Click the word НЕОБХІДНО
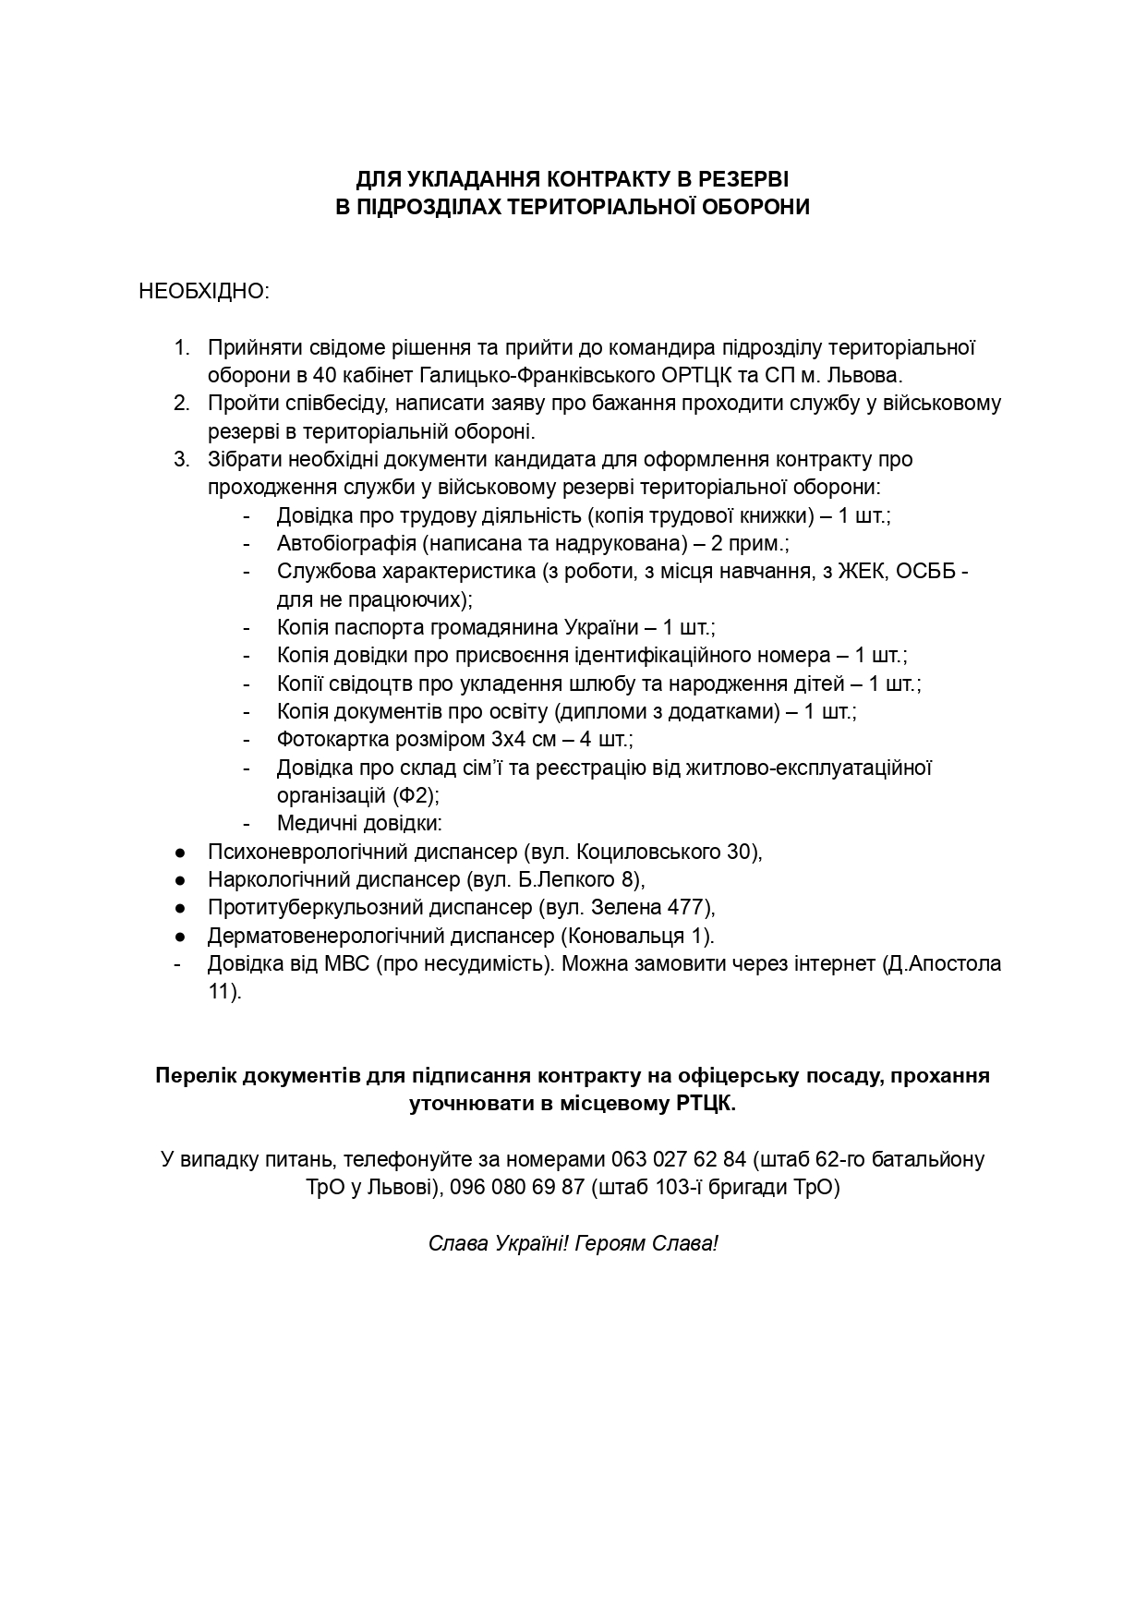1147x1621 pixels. pyautogui.click(x=202, y=292)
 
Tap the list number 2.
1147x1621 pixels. pyautogui.click(x=181, y=404)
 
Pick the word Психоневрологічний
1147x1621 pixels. pyautogui.click(x=297, y=852)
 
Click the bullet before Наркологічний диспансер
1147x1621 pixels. pyautogui.click(x=181, y=879)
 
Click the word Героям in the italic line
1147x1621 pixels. pyautogui.click(x=610, y=1243)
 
